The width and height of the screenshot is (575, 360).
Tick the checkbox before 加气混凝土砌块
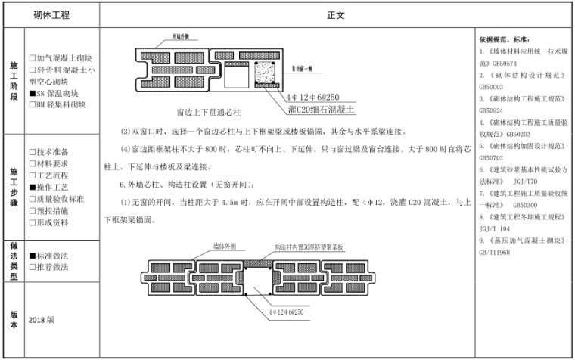pos(33,58)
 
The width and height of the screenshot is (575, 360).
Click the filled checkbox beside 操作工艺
pos(33,186)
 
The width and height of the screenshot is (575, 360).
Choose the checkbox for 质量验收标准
pos(33,197)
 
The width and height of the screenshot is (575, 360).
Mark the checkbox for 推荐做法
pos(33,267)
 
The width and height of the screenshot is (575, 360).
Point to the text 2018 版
pos(42,320)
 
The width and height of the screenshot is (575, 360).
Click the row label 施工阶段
pos(13,82)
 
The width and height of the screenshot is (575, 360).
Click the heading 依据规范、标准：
pos(504,39)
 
